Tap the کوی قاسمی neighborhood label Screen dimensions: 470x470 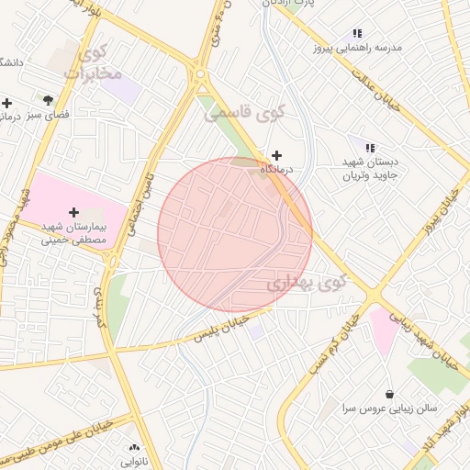pos(246,113)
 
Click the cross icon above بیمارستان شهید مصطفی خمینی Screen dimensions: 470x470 pos(74,212)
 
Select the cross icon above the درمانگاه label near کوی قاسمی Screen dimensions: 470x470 pos(276,155)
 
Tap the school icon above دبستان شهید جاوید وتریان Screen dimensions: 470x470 pos(370,147)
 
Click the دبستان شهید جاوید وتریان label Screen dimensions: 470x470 pos(370,168)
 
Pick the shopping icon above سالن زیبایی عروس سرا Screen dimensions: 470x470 pos(390,393)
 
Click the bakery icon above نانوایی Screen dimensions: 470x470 pos(133,448)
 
